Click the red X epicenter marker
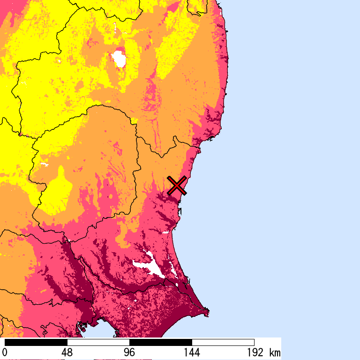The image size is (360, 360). pyautogui.click(x=177, y=186)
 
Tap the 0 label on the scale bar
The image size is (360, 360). pyautogui.click(x=5, y=352)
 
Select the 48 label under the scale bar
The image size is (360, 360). pyautogui.click(x=67, y=352)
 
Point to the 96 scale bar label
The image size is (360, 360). pyautogui.click(x=129, y=352)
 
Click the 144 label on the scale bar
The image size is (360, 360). pyautogui.click(x=192, y=352)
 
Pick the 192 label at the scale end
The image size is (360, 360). pyautogui.click(x=254, y=352)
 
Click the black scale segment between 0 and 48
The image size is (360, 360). pyautogui.click(x=36, y=342)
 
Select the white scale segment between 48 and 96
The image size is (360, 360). pyautogui.click(x=98, y=342)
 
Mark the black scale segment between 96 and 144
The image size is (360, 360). pyautogui.click(x=160, y=342)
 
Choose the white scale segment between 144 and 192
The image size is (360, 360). pyautogui.click(x=223, y=342)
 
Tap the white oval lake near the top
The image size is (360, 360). pyautogui.click(x=119, y=59)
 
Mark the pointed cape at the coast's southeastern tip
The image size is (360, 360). pyautogui.click(x=207, y=310)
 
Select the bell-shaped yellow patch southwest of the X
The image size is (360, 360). pyautogui.click(x=58, y=190)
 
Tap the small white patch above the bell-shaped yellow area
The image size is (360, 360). pyautogui.click(x=45, y=165)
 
